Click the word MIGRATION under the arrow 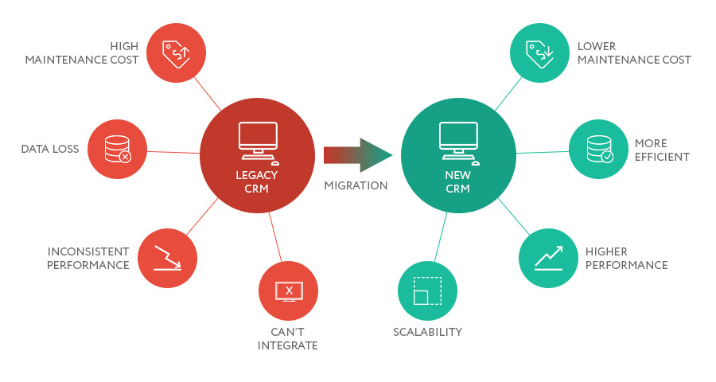[356, 185]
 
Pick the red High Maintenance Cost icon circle [177, 52]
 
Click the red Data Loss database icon [116, 149]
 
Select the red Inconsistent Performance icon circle [167, 258]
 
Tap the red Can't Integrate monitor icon [289, 290]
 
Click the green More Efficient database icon [598, 149]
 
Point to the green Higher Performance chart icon [548, 258]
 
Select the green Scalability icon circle [427, 290]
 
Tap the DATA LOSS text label [50, 149]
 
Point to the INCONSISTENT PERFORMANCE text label [88, 258]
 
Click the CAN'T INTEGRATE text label [288, 338]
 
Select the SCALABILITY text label [427, 332]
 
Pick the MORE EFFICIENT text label [662, 150]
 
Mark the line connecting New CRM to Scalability [441, 237]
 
